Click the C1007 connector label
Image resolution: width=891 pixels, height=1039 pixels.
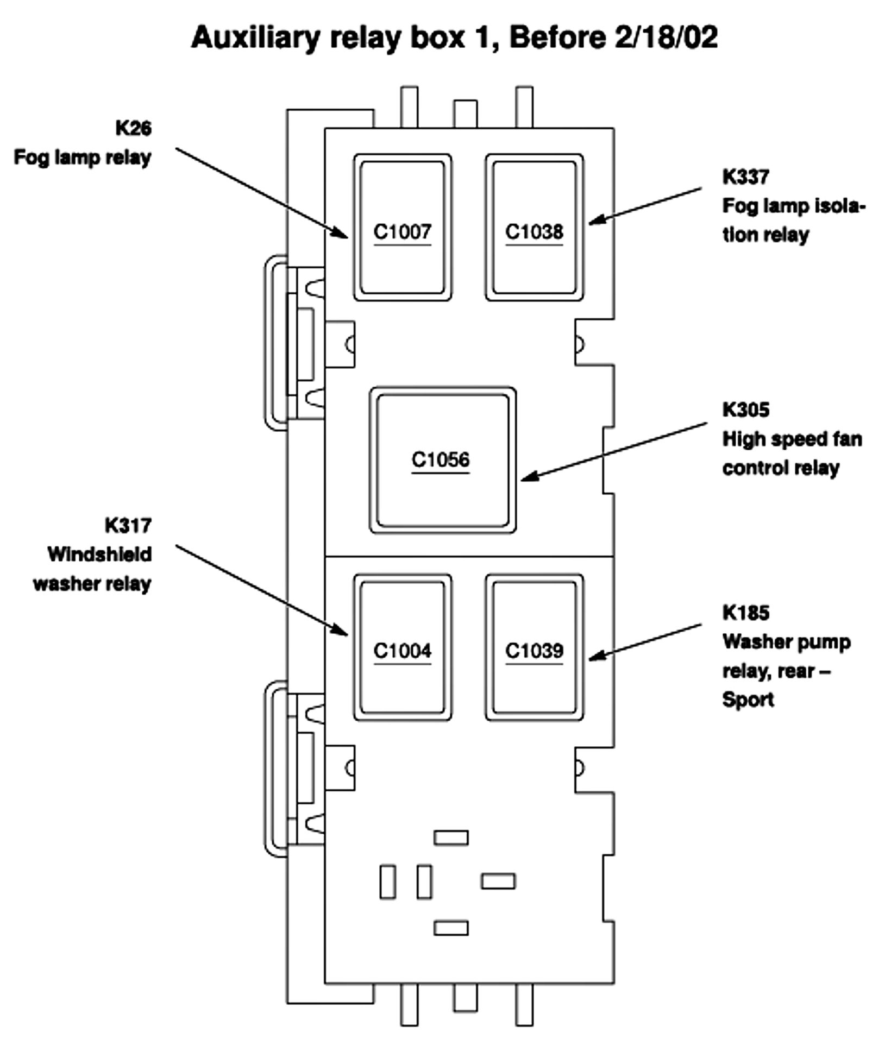click(402, 232)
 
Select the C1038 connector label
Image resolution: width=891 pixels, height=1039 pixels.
click(534, 232)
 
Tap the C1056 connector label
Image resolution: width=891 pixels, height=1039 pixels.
click(441, 460)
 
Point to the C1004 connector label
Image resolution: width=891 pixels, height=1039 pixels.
click(402, 651)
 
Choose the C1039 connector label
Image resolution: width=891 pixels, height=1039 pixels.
click(534, 651)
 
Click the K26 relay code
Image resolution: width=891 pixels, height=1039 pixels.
click(134, 128)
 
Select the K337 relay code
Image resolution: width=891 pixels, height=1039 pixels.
click(745, 177)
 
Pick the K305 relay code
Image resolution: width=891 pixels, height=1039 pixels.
click(745, 410)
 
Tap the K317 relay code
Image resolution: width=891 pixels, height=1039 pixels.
click(128, 525)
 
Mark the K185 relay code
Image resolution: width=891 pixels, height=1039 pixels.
click(745, 613)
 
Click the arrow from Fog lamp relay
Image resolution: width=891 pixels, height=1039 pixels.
click(261, 192)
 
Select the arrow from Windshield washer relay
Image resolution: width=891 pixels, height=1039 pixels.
click(261, 590)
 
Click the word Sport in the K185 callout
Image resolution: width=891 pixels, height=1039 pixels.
click(748, 700)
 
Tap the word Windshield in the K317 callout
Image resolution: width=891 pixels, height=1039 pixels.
click(100, 555)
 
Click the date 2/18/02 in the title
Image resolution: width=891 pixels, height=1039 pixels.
click(666, 37)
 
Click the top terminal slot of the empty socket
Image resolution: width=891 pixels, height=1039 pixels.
click(451, 838)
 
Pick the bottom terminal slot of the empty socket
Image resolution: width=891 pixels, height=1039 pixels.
click(451, 928)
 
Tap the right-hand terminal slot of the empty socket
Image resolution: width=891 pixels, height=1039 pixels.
click(498, 881)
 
